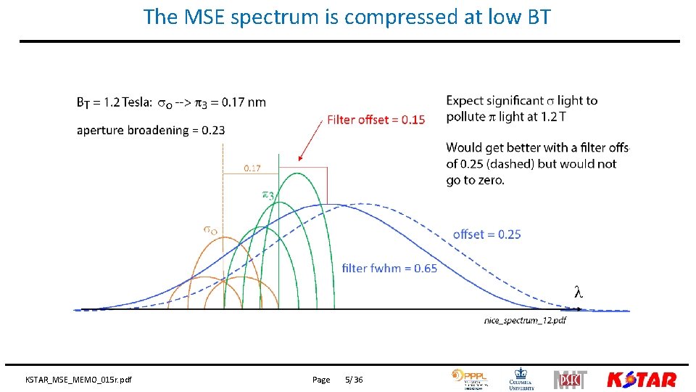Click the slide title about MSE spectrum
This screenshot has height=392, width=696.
[347, 17]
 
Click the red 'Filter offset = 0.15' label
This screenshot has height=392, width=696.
[376, 119]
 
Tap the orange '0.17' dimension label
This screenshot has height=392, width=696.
[252, 168]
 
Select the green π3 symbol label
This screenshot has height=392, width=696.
[268, 195]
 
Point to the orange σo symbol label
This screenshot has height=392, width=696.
[210, 230]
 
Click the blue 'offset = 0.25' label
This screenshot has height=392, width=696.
[486, 234]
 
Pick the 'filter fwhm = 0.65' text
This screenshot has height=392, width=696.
[389, 269]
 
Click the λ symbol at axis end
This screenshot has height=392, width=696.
[578, 293]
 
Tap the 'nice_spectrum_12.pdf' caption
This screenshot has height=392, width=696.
[525, 320]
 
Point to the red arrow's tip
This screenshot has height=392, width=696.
[299, 160]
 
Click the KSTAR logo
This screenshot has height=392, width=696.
[641, 379]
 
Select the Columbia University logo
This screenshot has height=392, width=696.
[522, 378]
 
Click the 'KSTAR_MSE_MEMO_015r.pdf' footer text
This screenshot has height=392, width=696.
[79, 380]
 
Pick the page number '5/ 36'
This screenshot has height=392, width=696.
[354, 380]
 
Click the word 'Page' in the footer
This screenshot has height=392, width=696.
[321, 380]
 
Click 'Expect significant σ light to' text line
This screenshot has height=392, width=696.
[521, 101]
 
